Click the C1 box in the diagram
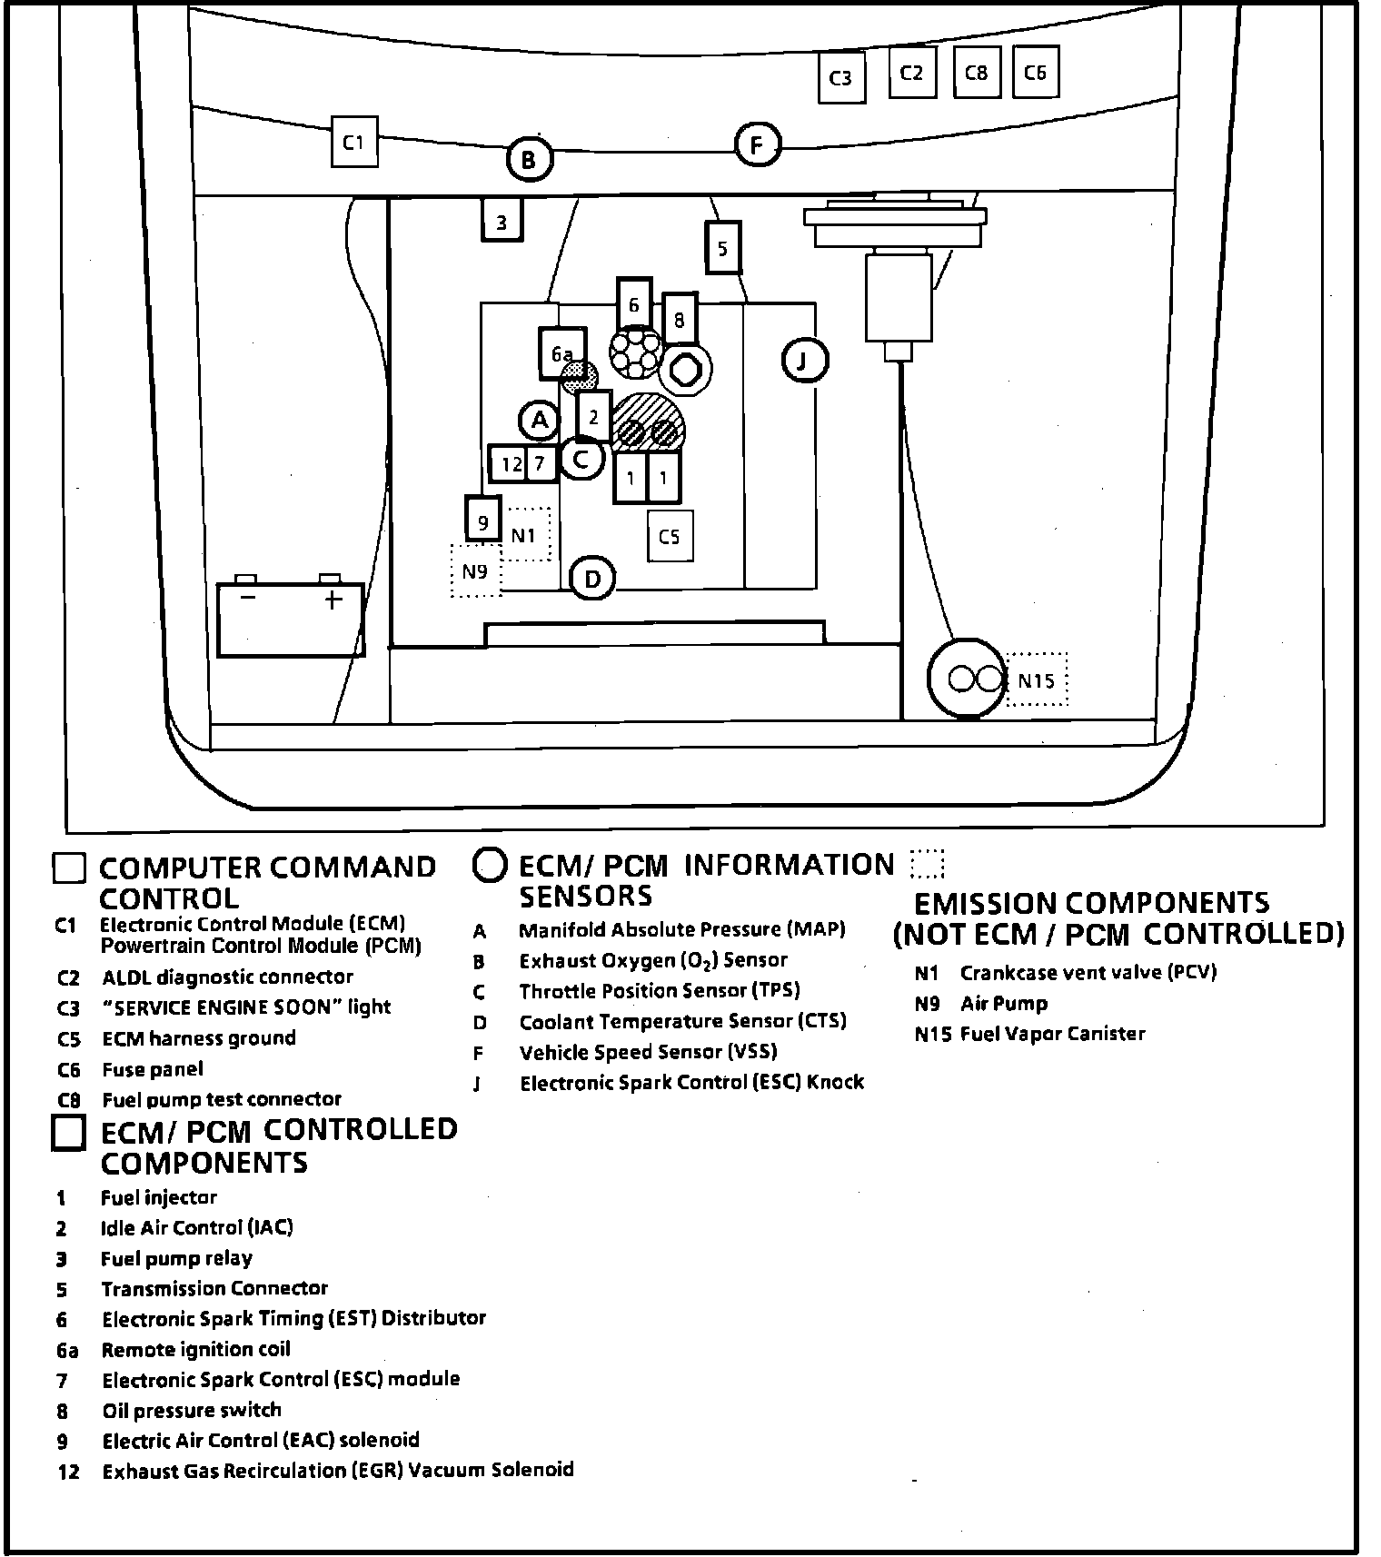pos(353,142)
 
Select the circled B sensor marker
pos(528,161)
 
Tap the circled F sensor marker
pos(757,145)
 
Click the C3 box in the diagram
pos(840,78)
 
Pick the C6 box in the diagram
pos(1035,73)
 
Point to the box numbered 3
pos(502,222)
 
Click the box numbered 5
pos(722,248)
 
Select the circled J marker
pos(803,361)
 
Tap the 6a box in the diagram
pos(561,353)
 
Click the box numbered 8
pos(679,320)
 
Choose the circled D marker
pos(591,579)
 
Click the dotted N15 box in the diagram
pos(1037,680)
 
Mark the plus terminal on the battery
pos(333,600)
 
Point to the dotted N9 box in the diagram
pos(475,571)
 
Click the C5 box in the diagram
pos(670,537)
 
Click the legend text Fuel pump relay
pos(176,1258)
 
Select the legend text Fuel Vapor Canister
pos(1052,1034)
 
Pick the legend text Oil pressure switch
pos(191,1410)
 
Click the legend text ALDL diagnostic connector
pos(227,977)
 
